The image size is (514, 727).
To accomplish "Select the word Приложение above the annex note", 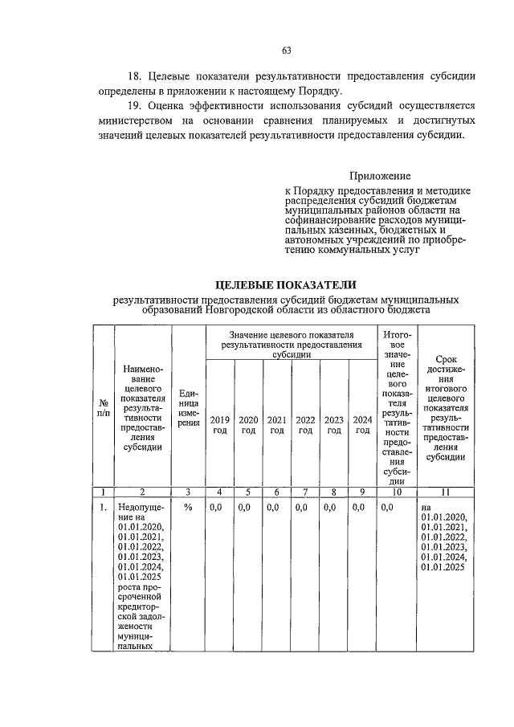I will point(380,175).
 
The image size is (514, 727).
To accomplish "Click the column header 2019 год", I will point(219,425).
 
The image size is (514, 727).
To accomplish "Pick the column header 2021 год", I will point(276,425).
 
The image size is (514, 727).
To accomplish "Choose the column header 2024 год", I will point(362,425).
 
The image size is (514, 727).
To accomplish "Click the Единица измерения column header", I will point(188,408).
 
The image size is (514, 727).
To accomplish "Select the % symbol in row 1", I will point(188,508).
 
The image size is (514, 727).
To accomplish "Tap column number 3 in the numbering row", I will point(188,492).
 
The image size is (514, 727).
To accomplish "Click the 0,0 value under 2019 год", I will point(216,508).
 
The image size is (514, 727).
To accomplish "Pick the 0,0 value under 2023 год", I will point(329,508).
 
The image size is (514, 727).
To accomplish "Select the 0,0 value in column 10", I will point(388,508).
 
